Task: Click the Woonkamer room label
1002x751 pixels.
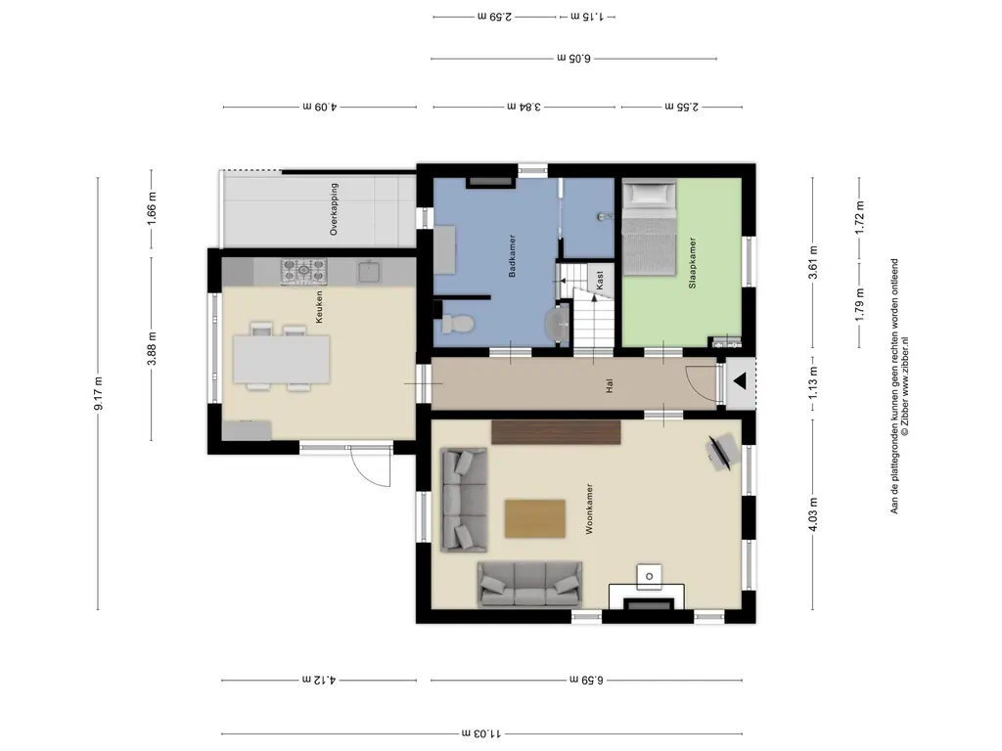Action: [589, 508]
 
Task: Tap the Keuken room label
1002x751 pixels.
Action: [319, 307]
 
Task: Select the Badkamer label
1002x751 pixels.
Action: [512, 255]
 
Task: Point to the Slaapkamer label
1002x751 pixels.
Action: [692, 263]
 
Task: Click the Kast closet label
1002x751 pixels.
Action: [600, 281]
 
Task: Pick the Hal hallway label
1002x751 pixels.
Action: [610, 385]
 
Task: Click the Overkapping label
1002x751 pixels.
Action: [334, 209]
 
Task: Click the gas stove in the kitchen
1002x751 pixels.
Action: [304, 272]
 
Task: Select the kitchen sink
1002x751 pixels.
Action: [369, 272]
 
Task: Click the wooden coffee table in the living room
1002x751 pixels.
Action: [535, 518]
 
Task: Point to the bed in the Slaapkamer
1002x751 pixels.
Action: [650, 228]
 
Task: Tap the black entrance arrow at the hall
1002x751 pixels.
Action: [740, 382]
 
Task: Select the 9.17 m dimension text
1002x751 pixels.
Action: [98, 393]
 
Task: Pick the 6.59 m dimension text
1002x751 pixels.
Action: [586, 680]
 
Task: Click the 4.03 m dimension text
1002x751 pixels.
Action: [813, 514]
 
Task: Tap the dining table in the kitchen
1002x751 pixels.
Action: [282, 360]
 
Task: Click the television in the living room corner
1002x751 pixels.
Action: [722, 451]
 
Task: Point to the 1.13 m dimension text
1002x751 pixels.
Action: [813, 382]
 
